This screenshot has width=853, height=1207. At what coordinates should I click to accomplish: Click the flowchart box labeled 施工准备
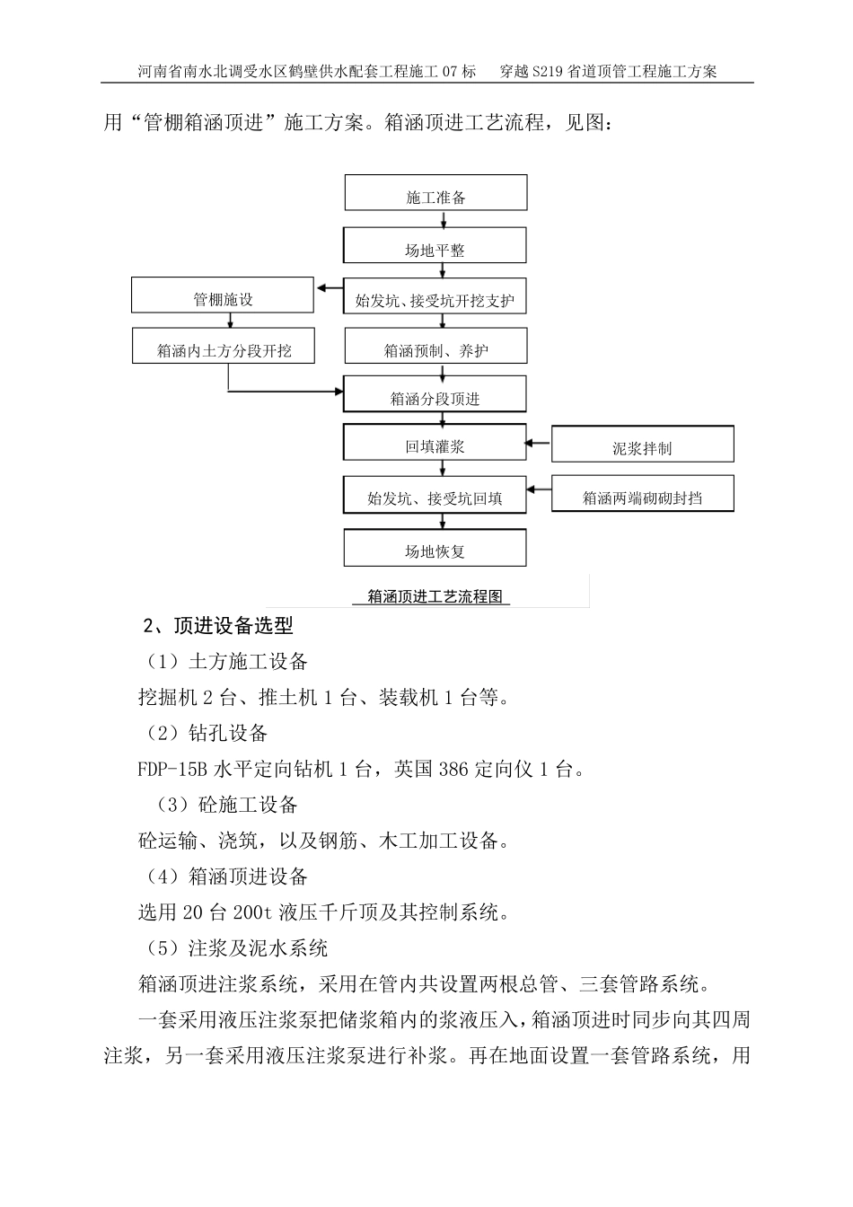click(435, 194)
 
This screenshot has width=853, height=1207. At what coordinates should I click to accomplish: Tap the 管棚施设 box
click(223, 295)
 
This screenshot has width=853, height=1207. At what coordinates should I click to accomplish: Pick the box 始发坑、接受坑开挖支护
click(435, 296)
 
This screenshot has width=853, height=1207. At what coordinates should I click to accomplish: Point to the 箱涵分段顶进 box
click(435, 395)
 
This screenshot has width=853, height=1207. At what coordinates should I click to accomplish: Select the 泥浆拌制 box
click(642, 445)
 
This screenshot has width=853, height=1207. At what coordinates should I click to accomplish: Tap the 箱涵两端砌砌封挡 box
click(642, 495)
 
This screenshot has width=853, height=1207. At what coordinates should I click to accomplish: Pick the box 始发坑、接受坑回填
click(435, 495)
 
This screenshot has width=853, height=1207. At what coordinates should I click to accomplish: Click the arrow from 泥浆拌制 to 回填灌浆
click(539, 442)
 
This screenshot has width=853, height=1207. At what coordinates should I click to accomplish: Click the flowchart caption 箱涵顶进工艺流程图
click(435, 596)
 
